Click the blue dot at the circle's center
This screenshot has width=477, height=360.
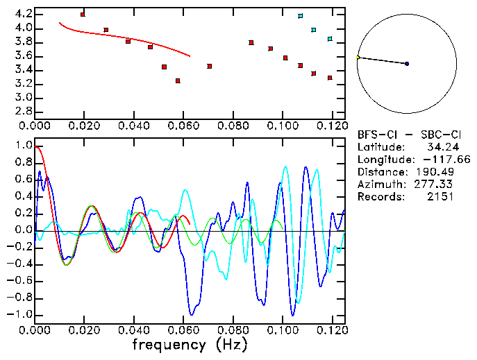pos(407,64)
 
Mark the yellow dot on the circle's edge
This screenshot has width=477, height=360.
pos(358,58)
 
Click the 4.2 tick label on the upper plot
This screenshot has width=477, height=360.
pos(22,14)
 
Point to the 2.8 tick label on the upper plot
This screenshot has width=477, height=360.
pos(22,111)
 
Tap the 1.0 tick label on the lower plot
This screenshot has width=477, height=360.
pos(22,146)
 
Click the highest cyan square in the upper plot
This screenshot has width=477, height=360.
pos(300,16)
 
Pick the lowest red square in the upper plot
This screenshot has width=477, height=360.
pos(178,81)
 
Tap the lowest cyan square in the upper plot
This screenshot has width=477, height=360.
pos(330,39)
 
